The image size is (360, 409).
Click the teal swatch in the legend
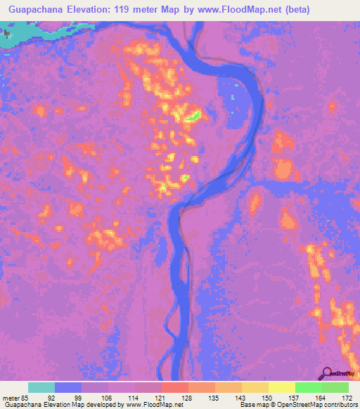pyautogui.click(x=41, y=387)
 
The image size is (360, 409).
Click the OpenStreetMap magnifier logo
pyautogui.click(x=328, y=372)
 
